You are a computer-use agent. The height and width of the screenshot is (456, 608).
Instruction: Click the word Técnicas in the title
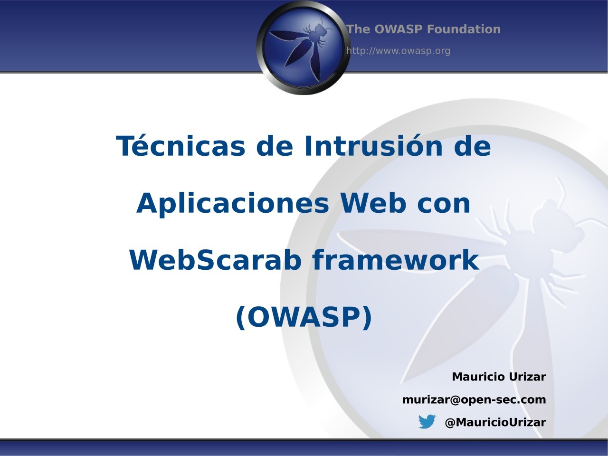(x=181, y=146)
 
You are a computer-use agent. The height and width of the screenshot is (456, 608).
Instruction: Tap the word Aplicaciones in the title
(x=232, y=203)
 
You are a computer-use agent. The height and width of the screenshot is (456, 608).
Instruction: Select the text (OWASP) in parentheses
(x=304, y=317)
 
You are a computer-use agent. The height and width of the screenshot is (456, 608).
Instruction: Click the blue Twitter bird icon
(x=427, y=422)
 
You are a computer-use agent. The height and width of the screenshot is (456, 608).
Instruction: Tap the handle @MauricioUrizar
(x=495, y=422)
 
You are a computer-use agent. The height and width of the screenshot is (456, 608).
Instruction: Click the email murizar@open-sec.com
(x=474, y=399)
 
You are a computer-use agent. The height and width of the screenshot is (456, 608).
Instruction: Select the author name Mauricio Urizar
(x=499, y=377)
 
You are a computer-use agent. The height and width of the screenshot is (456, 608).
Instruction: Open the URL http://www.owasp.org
(x=398, y=51)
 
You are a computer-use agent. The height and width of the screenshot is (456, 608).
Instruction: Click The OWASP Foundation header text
(x=423, y=29)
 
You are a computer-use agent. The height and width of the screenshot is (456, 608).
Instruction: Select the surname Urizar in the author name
(x=527, y=377)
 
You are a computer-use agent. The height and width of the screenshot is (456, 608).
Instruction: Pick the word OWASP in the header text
(x=398, y=29)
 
